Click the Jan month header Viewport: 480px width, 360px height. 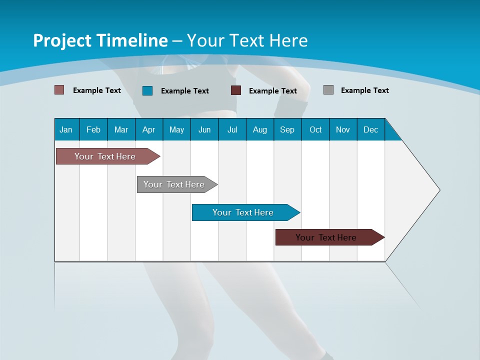[66, 129]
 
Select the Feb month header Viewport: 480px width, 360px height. [93, 129]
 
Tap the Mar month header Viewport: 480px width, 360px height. [121, 129]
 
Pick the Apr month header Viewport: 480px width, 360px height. [149, 129]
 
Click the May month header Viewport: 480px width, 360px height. [176, 129]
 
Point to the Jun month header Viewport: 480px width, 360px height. [204, 129]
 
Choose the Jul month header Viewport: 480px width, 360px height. [232, 129]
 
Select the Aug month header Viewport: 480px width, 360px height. [260, 129]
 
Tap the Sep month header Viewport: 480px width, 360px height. [287, 129]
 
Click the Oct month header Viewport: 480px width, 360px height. [315, 129]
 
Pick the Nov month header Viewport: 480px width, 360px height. [343, 129]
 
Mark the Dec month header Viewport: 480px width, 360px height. [371, 129]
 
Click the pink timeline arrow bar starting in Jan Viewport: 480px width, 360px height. [105, 156]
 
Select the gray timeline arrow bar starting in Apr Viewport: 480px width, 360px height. [174, 184]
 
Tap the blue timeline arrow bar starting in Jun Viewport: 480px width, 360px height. [243, 212]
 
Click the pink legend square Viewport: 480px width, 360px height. [59, 90]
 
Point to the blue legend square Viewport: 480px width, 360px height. [147, 90]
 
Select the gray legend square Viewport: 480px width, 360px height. [328, 90]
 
